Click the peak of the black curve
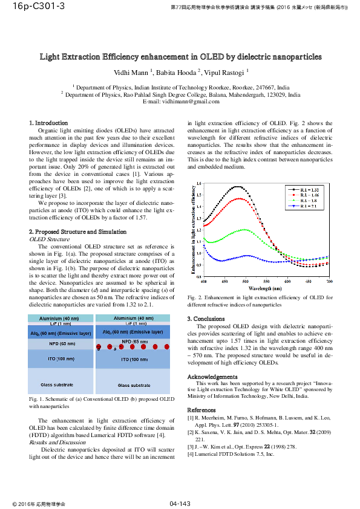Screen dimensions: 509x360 pyautogui.click(x=237, y=186)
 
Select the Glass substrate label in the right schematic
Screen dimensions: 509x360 pyautogui.click(x=134, y=385)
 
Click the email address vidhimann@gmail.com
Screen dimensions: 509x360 pyautogui.click(x=180, y=101)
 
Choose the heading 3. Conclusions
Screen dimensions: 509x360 pyautogui.click(x=206, y=319)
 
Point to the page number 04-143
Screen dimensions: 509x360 pyautogui.click(x=180, y=504)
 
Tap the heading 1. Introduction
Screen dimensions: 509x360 pyautogui.click(x=48, y=123)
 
